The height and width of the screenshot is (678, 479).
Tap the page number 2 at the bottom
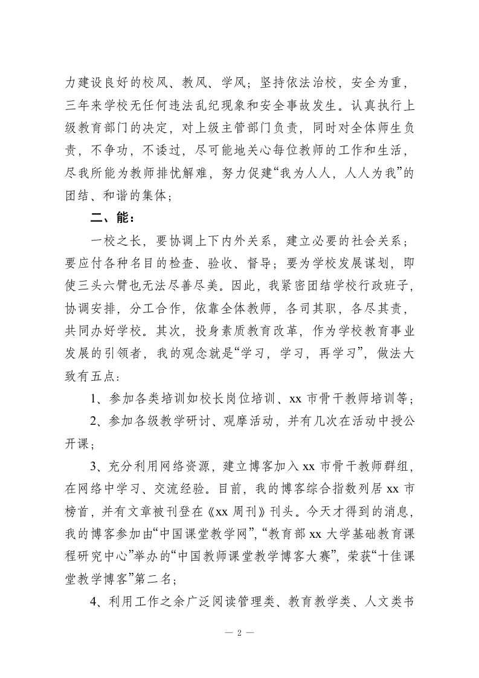(239, 633)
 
